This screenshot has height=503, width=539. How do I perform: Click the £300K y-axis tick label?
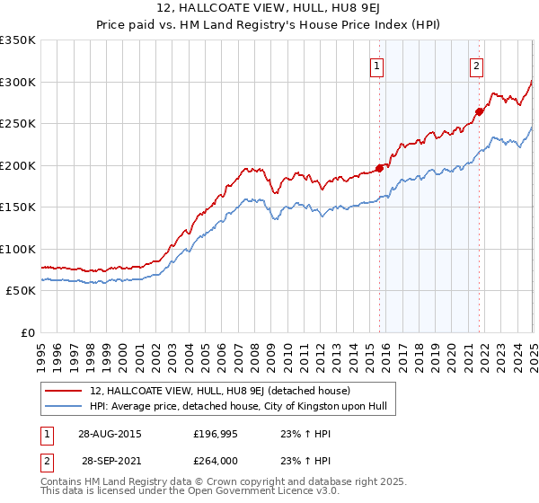click(18, 82)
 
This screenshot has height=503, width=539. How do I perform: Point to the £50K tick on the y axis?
click(21, 291)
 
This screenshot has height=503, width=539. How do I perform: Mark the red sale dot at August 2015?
click(380, 168)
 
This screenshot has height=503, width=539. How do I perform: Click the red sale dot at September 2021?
click(480, 111)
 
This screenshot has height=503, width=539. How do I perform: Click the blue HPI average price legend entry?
click(238, 407)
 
